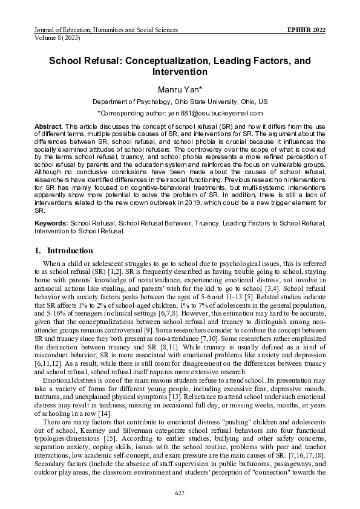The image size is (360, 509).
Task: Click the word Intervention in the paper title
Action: tap(180, 72)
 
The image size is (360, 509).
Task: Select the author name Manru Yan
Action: tap(180, 89)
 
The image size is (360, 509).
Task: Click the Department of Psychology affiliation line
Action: tap(180, 102)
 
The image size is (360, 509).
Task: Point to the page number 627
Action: tap(180, 494)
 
